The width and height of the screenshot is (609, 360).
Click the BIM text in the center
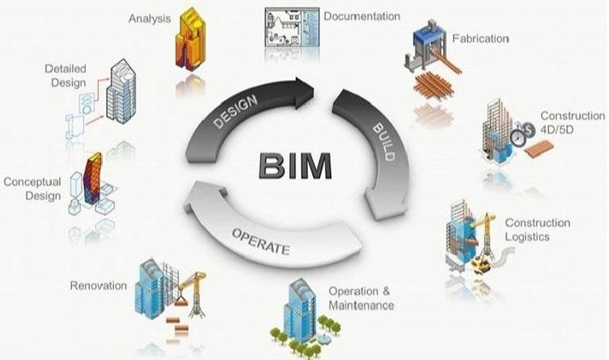coord(295,166)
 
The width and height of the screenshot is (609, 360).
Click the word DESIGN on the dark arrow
coord(236,112)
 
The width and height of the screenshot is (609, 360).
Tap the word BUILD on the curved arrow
coord(384,142)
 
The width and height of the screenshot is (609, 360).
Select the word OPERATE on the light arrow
coord(261,241)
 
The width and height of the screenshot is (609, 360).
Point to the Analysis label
coord(149,18)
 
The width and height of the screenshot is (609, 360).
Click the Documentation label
coord(362,16)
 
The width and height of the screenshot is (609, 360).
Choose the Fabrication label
coord(480,39)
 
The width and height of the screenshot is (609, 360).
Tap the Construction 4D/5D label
coord(572,123)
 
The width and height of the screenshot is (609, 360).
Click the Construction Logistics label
coord(537,230)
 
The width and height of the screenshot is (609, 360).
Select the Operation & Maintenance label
coord(361,298)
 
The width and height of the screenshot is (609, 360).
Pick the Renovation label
coord(98,286)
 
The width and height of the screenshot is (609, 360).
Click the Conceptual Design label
coord(33,189)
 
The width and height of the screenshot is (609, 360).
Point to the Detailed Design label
coord(65,75)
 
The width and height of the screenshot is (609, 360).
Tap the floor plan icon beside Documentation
coord(292,27)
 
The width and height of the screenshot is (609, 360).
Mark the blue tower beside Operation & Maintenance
coord(300,309)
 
